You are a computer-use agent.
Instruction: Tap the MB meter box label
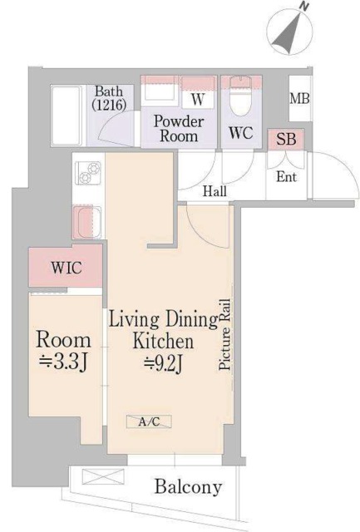[x=299, y=98]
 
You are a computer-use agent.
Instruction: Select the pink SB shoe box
[x=286, y=139]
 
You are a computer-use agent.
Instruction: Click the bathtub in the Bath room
[x=67, y=116]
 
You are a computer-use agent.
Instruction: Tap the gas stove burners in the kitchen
[x=88, y=173]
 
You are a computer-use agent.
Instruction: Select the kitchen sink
[x=87, y=222]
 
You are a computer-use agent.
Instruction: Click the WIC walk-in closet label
[x=67, y=268]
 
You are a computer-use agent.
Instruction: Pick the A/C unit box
[x=149, y=421]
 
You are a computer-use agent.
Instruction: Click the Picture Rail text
[x=224, y=334]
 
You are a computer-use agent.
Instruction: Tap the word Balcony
[x=188, y=487]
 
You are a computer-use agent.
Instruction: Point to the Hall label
[x=215, y=192]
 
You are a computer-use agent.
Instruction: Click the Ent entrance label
[x=286, y=177]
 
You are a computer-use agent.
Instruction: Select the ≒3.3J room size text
[x=64, y=362]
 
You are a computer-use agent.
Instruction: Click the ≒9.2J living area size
[x=164, y=363]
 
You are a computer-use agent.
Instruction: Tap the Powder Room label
[x=179, y=129]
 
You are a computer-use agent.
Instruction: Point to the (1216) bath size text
[x=109, y=105]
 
